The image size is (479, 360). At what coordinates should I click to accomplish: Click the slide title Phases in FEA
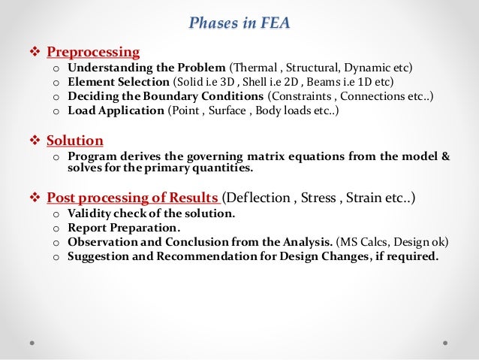point(239,23)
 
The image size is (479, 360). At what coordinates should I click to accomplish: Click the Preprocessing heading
point(93,52)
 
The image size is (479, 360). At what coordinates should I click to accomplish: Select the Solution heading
point(75,141)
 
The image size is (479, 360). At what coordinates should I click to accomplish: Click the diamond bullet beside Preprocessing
point(35,52)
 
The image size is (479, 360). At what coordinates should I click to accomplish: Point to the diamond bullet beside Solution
point(35,141)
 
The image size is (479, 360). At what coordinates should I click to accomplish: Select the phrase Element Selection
point(118,82)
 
